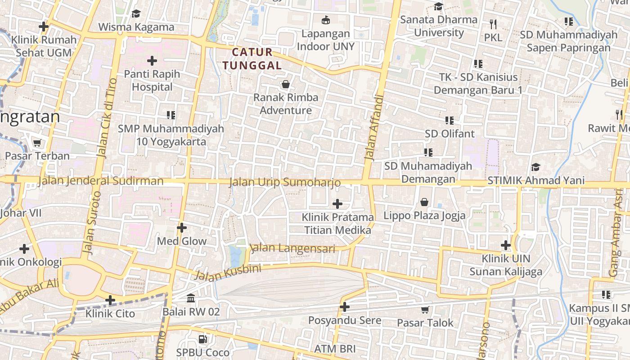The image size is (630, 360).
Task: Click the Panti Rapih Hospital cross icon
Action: pos(152,60)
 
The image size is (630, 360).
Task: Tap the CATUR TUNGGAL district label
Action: pos(252,59)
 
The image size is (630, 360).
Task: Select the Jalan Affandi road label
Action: pos(374,128)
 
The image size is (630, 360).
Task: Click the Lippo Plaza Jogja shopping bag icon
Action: pos(424,202)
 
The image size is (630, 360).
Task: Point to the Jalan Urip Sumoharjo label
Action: pos(284,182)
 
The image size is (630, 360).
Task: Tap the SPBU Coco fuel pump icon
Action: pos(203,339)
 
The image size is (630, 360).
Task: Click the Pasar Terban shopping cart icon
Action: pos(37,143)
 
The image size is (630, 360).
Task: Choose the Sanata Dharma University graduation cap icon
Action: pos(438,6)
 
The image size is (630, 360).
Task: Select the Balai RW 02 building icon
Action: pos(191,298)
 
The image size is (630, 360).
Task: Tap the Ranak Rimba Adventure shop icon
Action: pos(285,84)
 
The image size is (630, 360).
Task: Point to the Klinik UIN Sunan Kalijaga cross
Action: pos(506,245)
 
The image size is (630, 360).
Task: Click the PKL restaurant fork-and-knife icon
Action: pos(493,24)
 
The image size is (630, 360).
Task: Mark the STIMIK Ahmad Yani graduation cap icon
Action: pos(535,167)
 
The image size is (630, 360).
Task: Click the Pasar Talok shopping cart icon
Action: pos(425,310)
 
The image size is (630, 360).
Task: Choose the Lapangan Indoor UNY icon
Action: pos(325,20)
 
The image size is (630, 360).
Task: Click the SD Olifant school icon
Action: pos(449,120)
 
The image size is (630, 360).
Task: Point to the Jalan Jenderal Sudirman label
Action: pos(101,181)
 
